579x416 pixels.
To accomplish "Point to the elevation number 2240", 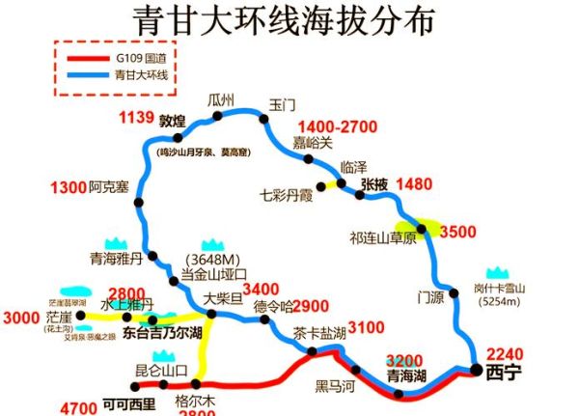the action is pos(504,353).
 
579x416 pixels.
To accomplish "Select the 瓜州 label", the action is pos(221,99).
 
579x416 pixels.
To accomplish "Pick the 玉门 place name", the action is pos(283,103).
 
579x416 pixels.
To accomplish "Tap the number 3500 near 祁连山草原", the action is pos(457,232).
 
